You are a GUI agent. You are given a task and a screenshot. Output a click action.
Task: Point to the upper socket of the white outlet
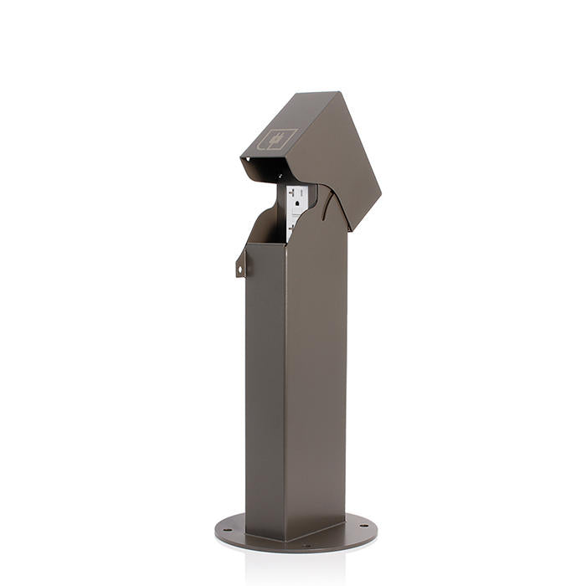[298, 196]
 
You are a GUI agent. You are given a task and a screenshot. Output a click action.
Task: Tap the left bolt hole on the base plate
[228, 527]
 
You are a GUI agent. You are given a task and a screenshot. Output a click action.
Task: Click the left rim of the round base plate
[218, 531]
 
